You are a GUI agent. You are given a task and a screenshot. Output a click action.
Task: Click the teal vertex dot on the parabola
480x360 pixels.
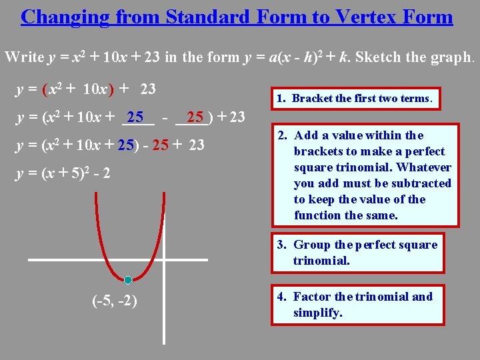[128, 280]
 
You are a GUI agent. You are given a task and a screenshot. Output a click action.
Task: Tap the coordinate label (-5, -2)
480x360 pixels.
[115, 301]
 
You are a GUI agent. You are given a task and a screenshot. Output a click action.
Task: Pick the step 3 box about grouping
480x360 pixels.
[365, 253]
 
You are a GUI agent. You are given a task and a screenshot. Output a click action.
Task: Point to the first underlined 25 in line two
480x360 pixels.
[137, 118]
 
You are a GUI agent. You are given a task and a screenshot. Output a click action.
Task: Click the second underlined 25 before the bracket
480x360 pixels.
[195, 118]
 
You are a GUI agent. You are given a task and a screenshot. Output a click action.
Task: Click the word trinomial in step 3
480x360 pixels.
[321, 261]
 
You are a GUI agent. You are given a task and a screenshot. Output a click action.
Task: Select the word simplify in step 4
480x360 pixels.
[318, 313]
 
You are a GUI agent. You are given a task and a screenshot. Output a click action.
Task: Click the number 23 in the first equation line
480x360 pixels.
[149, 88]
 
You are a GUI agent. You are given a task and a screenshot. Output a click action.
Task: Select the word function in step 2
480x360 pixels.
[317, 215]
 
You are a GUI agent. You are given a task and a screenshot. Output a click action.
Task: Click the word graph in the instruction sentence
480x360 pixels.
[453, 57]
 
